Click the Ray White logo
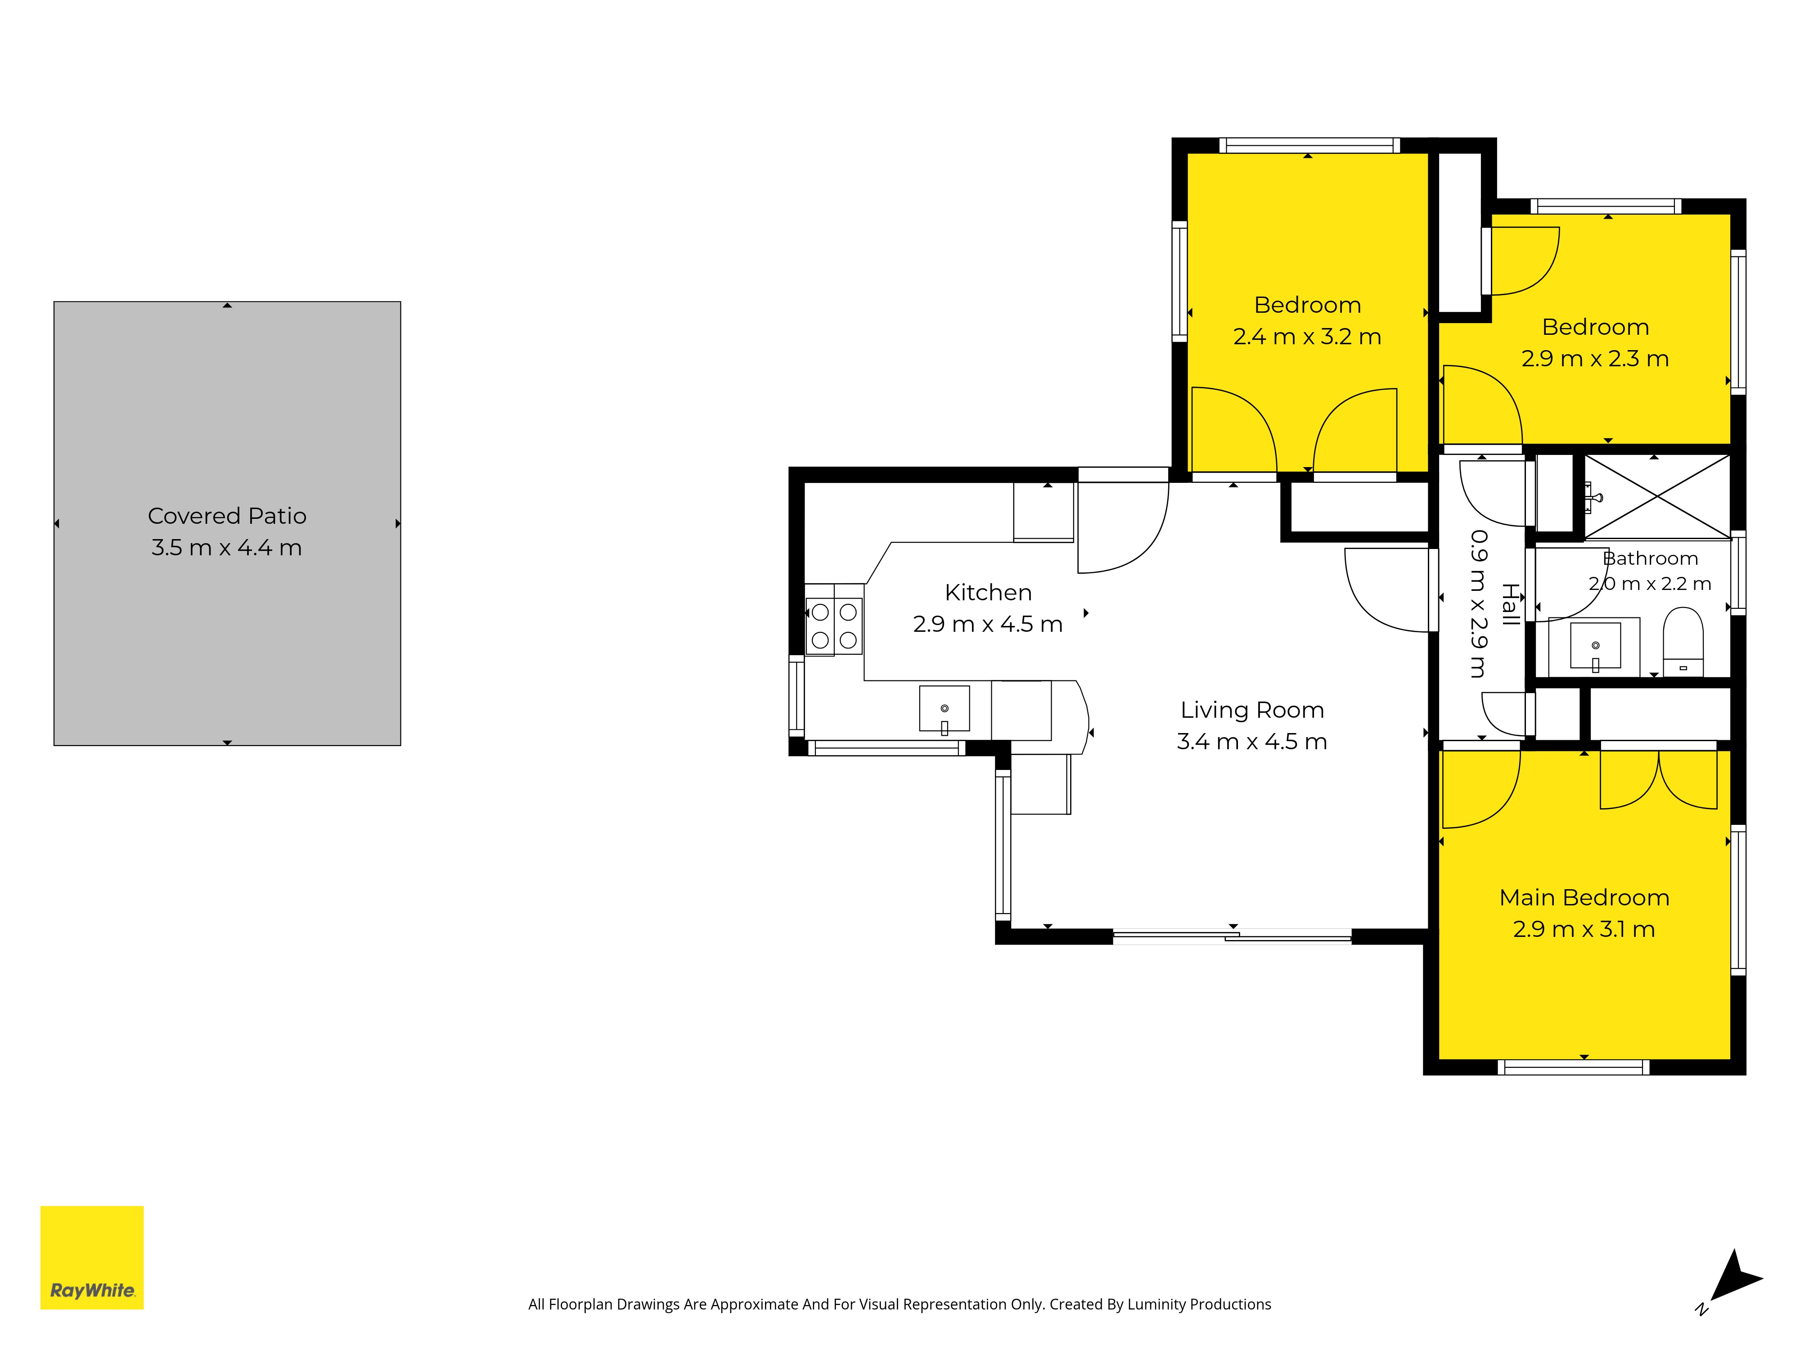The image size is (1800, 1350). pyautogui.click(x=92, y=1257)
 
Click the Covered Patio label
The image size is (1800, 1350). pyautogui.click(x=227, y=516)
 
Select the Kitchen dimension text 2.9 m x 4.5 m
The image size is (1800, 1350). pyautogui.click(x=988, y=624)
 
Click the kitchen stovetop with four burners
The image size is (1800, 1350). pyautogui.click(x=834, y=626)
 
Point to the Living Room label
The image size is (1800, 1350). pyautogui.click(x=1252, y=711)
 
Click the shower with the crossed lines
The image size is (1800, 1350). pyautogui.click(x=1657, y=496)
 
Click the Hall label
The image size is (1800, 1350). pyautogui.click(x=1510, y=605)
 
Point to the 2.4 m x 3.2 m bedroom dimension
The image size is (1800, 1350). pyautogui.click(x=1307, y=337)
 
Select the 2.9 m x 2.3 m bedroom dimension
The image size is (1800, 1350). pyautogui.click(x=1595, y=359)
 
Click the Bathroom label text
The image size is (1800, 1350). pyautogui.click(x=1650, y=558)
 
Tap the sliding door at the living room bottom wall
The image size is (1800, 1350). pyautogui.click(x=1232, y=936)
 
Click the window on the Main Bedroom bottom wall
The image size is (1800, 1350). pyautogui.click(x=1574, y=1068)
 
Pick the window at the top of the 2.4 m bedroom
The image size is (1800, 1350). pyautogui.click(x=1309, y=146)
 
